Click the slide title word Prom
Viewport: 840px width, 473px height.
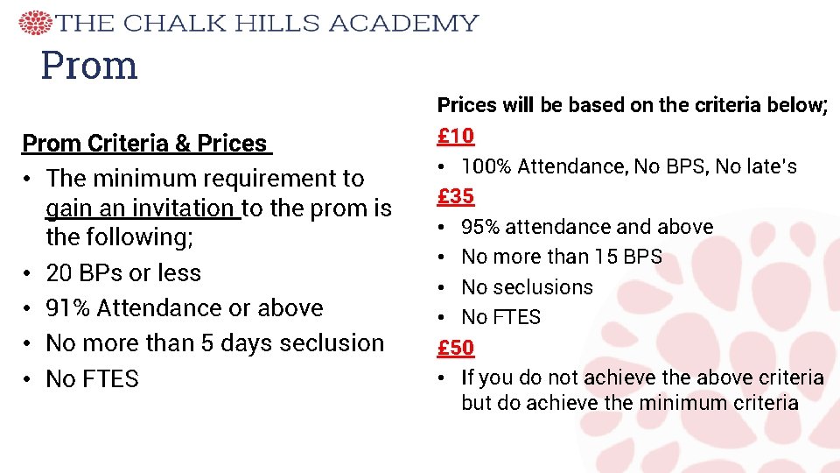click(89, 65)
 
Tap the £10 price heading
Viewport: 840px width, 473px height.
click(456, 136)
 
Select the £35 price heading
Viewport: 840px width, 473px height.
click(456, 196)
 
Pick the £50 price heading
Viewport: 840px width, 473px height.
click(456, 347)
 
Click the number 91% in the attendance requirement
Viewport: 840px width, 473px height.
click(69, 308)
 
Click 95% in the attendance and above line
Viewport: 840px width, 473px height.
click(479, 227)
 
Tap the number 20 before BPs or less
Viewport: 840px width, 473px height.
click(59, 273)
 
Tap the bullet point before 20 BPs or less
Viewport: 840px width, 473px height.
click(29, 273)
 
